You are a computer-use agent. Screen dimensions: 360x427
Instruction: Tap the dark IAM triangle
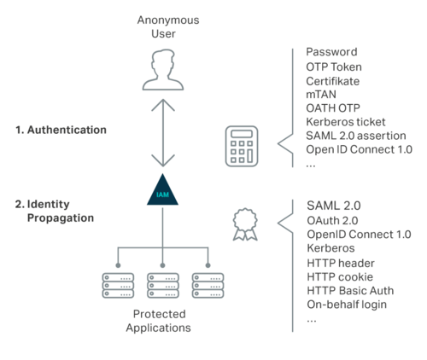(162, 194)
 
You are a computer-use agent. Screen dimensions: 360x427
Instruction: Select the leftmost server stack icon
(117, 285)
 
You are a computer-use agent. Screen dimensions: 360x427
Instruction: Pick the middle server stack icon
(162, 285)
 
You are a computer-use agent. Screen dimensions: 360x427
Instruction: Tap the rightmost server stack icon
(208, 285)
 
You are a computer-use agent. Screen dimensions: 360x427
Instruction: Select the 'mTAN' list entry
(324, 94)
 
